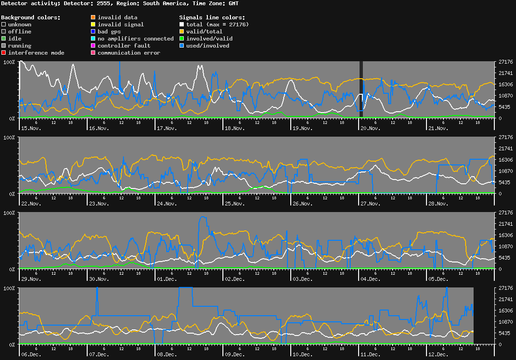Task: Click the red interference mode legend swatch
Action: click(4, 53)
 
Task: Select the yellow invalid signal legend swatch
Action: click(93, 25)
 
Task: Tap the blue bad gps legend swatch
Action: click(93, 32)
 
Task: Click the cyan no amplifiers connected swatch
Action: click(93, 39)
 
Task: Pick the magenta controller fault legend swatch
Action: click(93, 46)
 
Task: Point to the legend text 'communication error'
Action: click(129, 53)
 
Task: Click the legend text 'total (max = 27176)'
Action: click(217, 25)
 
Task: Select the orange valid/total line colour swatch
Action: click(182, 32)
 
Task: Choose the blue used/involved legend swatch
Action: click(182, 46)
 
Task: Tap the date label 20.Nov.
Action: click(370, 128)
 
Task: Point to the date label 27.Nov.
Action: click(370, 204)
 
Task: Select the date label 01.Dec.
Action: click(167, 279)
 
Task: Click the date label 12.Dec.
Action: click(438, 354)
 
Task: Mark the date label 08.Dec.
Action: click(167, 354)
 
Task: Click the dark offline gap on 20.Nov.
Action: click(361, 90)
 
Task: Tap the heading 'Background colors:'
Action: click(31, 17)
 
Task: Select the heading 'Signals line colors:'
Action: click(212, 17)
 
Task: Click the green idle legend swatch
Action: click(4, 39)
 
